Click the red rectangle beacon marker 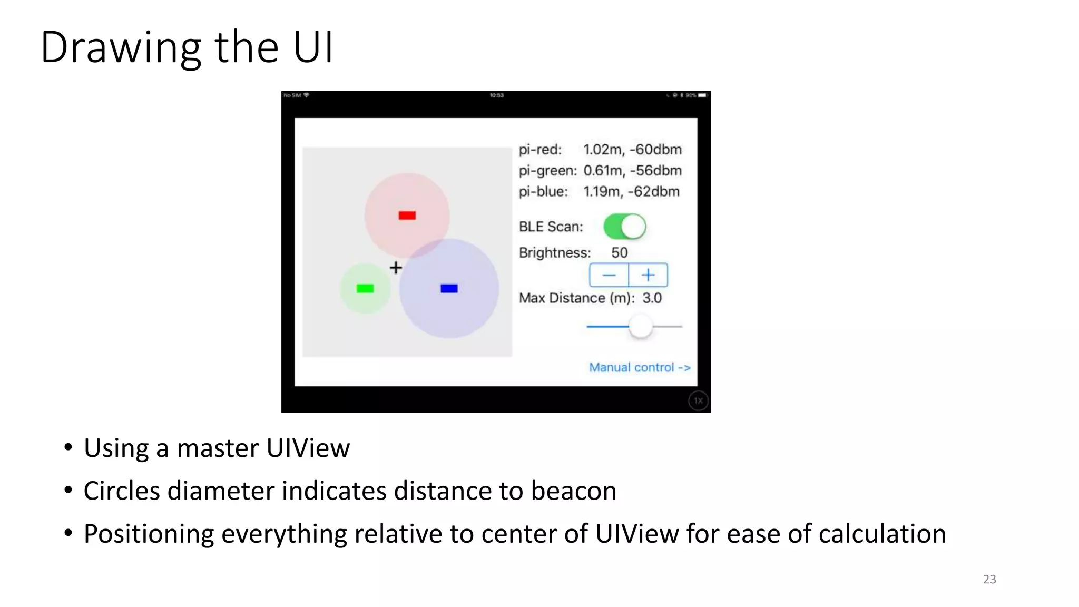tap(407, 216)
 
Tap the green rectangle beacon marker tap(365, 288)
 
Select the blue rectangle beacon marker tap(449, 288)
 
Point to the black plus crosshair tap(396, 268)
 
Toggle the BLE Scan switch tap(625, 227)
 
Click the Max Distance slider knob tap(641, 327)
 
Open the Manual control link tap(640, 367)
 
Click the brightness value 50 tap(620, 253)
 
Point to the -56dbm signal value tap(656, 171)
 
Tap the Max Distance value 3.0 tap(652, 298)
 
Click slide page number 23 tap(989, 579)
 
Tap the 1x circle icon tap(698, 401)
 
